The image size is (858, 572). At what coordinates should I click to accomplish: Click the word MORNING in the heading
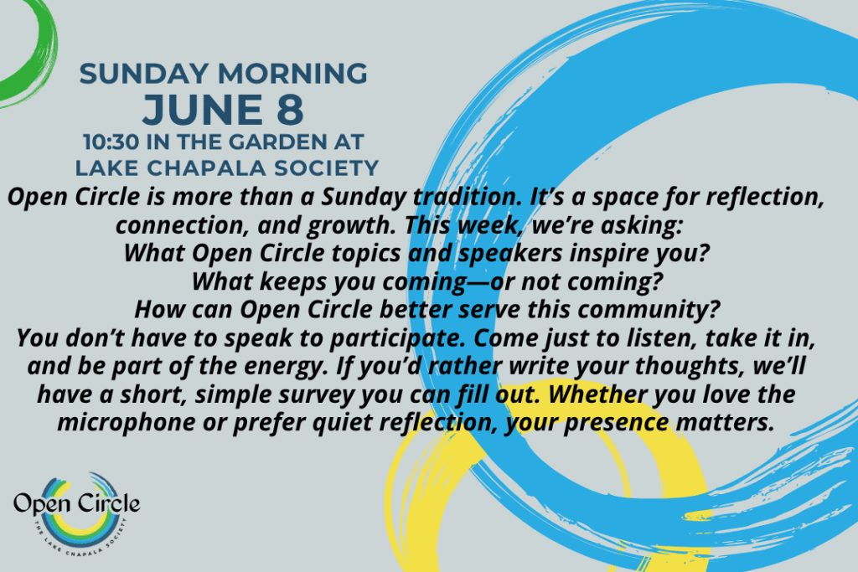click(292, 74)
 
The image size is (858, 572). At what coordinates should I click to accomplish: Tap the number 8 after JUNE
click(290, 110)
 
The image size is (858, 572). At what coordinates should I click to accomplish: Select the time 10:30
click(111, 142)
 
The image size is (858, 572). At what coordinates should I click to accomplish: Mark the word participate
click(399, 338)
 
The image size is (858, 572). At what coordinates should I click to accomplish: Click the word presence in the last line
click(616, 423)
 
